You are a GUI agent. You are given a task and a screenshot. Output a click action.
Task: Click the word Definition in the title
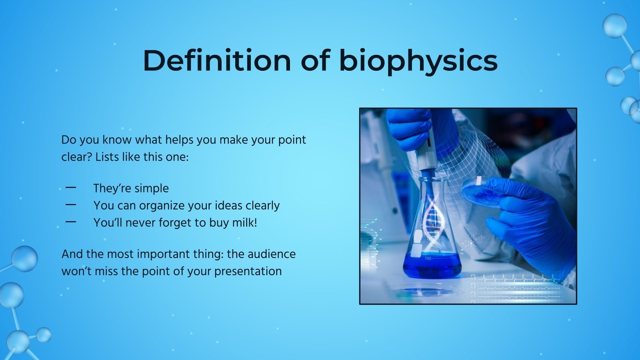coord(216,61)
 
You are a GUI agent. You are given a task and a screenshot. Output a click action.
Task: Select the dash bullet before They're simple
coord(71,188)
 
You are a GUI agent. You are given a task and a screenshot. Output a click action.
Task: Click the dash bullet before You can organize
coord(71,205)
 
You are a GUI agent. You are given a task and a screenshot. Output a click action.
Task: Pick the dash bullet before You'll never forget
coord(71,222)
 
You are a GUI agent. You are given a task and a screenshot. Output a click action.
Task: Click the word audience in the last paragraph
coord(272,254)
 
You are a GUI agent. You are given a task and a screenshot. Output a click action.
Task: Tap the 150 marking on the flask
coord(428,258)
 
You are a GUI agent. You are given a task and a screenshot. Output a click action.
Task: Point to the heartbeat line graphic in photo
coord(520,278)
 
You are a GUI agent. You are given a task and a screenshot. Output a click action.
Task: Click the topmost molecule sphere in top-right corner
coord(614,26)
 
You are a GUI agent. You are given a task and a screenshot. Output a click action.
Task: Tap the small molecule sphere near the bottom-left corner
coord(43,335)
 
